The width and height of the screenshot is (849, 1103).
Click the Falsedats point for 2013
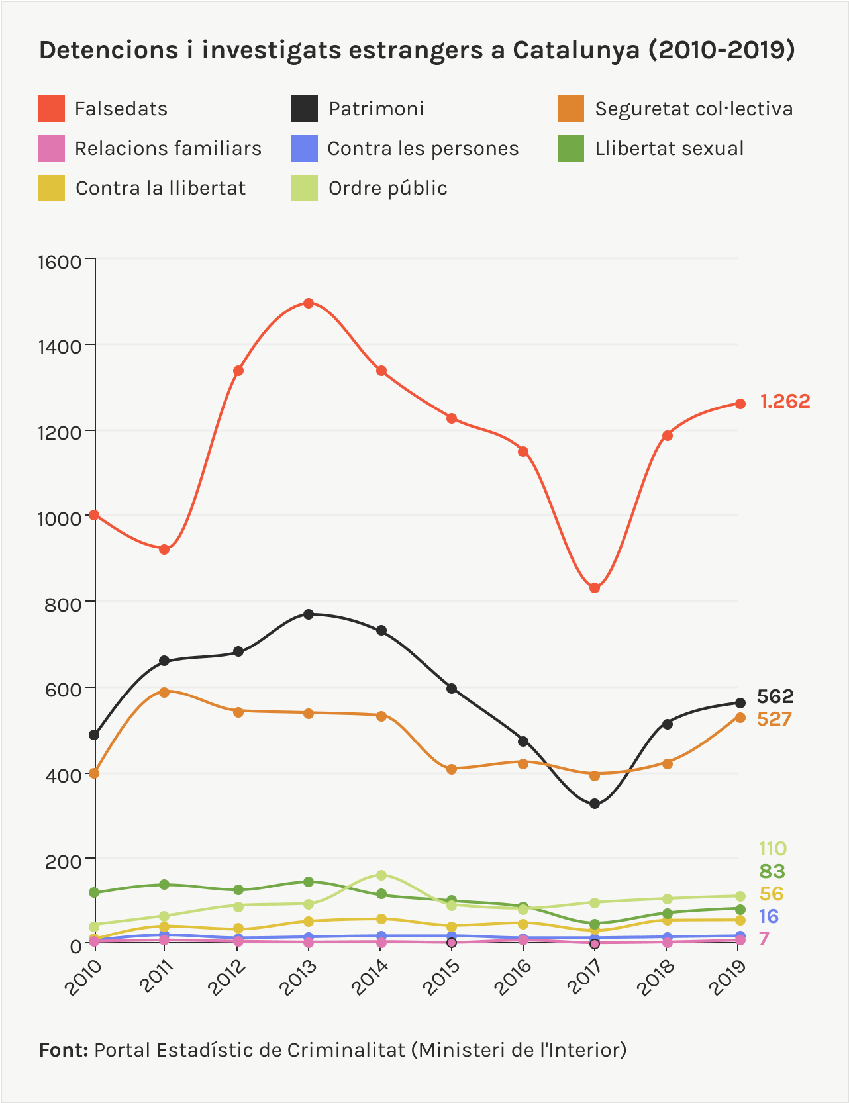click(308, 303)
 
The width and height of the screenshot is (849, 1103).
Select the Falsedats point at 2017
click(595, 588)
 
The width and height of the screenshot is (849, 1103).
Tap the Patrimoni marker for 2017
click(595, 804)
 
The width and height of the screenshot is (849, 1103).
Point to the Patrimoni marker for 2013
click(308, 614)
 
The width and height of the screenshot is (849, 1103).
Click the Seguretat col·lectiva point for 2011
click(164, 692)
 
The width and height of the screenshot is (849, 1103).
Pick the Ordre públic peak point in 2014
click(381, 875)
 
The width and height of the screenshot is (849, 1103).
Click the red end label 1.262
click(785, 401)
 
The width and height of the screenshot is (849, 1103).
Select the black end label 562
click(775, 696)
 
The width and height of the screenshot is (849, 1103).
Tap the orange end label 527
click(774, 719)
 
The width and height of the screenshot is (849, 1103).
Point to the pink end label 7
click(764, 939)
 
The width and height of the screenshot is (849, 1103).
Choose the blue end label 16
click(768, 916)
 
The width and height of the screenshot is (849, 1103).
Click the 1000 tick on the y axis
click(59, 518)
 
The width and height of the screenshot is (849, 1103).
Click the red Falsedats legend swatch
click(52, 109)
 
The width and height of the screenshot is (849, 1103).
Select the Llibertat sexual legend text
click(670, 148)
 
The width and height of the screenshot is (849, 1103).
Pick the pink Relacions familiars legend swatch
click(52, 148)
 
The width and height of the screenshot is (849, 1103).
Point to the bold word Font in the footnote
click(64, 1050)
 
